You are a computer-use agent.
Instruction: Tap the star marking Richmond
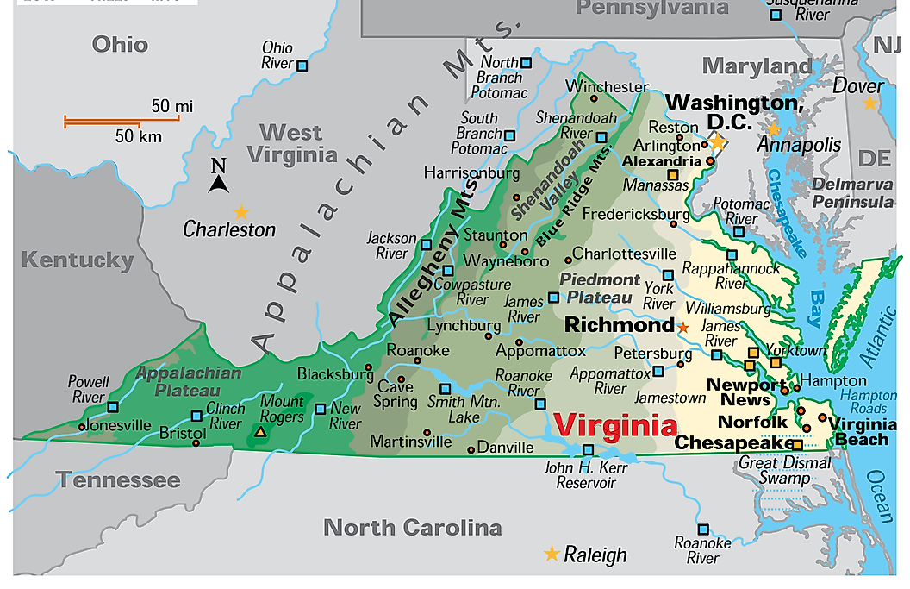682,328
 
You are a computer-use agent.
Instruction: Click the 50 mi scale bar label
172,107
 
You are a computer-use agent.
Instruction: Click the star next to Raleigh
552,554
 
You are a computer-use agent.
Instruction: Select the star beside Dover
869,103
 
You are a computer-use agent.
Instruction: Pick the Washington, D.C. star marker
717,141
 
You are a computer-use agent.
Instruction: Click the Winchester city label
608,87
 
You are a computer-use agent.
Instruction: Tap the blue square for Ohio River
302,66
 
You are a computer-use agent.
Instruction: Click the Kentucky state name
78,260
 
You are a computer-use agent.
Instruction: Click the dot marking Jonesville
82,426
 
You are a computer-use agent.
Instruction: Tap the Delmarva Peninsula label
852,193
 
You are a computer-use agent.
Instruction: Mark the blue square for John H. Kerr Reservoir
589,449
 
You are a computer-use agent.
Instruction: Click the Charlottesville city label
625,254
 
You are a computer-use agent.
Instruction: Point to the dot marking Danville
471,449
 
